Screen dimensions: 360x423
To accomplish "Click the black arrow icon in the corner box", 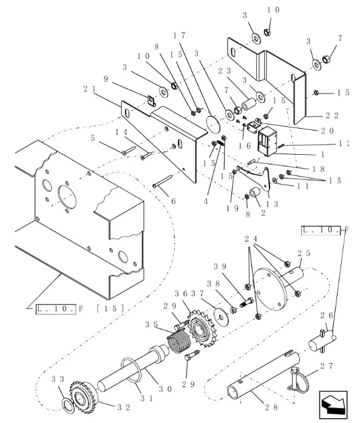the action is click(333, 404).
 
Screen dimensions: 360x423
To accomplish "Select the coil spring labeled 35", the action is click(178, 342).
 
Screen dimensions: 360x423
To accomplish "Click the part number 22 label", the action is click(331, 115).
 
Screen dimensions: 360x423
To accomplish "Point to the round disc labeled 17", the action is click(212, 124).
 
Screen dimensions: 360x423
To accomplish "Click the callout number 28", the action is click(271, 408).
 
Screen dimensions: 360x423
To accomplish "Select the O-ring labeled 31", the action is click(131, 370).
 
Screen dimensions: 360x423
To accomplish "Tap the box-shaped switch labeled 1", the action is click(268, 141).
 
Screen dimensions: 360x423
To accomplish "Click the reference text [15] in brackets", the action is click(110, 308).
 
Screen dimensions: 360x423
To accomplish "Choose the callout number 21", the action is click(89, 89).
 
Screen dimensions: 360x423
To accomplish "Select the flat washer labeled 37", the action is click(222, 316).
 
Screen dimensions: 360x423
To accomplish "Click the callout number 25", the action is click(304, 253).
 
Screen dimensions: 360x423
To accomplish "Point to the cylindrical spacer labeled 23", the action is click(248, 104).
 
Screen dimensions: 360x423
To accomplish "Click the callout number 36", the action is click(181, 294).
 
